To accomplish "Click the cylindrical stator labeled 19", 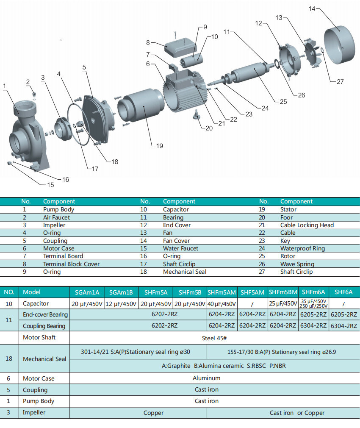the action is pos(140,106).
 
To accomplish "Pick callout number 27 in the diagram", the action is pos(340,82).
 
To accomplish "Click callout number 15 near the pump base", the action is pos(50,185).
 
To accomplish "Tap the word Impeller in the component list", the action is pos(54,225).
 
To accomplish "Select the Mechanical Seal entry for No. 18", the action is pos(185,272).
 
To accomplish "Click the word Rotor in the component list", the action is pos(288,256).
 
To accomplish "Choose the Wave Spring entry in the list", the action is pos(297,264).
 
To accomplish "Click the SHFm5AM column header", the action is pos(222,292).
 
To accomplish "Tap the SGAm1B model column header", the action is pos(121,292).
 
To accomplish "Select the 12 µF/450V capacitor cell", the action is pos(121,304).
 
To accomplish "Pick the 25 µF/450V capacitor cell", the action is pos(283,304).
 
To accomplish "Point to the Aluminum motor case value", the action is pos(207,378).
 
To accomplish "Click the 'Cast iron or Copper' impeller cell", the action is pos(297,413).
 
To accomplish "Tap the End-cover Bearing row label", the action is pos(45,314).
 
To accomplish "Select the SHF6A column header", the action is pos(343,292).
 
